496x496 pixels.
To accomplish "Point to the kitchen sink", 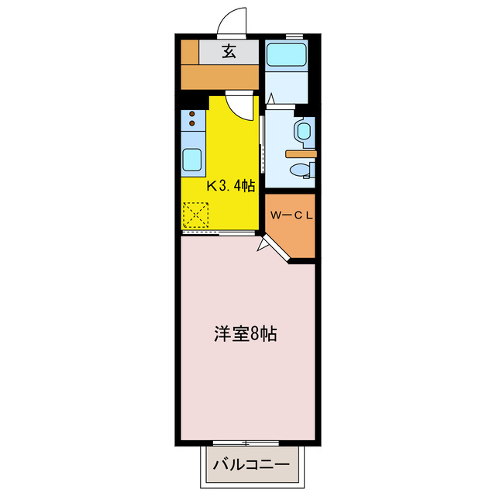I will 193,160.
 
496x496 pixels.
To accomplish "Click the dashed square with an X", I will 197,215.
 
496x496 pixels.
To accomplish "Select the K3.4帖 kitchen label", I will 229,186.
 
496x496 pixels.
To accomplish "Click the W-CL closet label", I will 291,215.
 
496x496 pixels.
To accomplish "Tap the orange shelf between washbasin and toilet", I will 301,153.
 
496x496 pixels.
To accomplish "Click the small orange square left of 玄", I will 190,52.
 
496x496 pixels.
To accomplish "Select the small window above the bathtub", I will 294,36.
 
